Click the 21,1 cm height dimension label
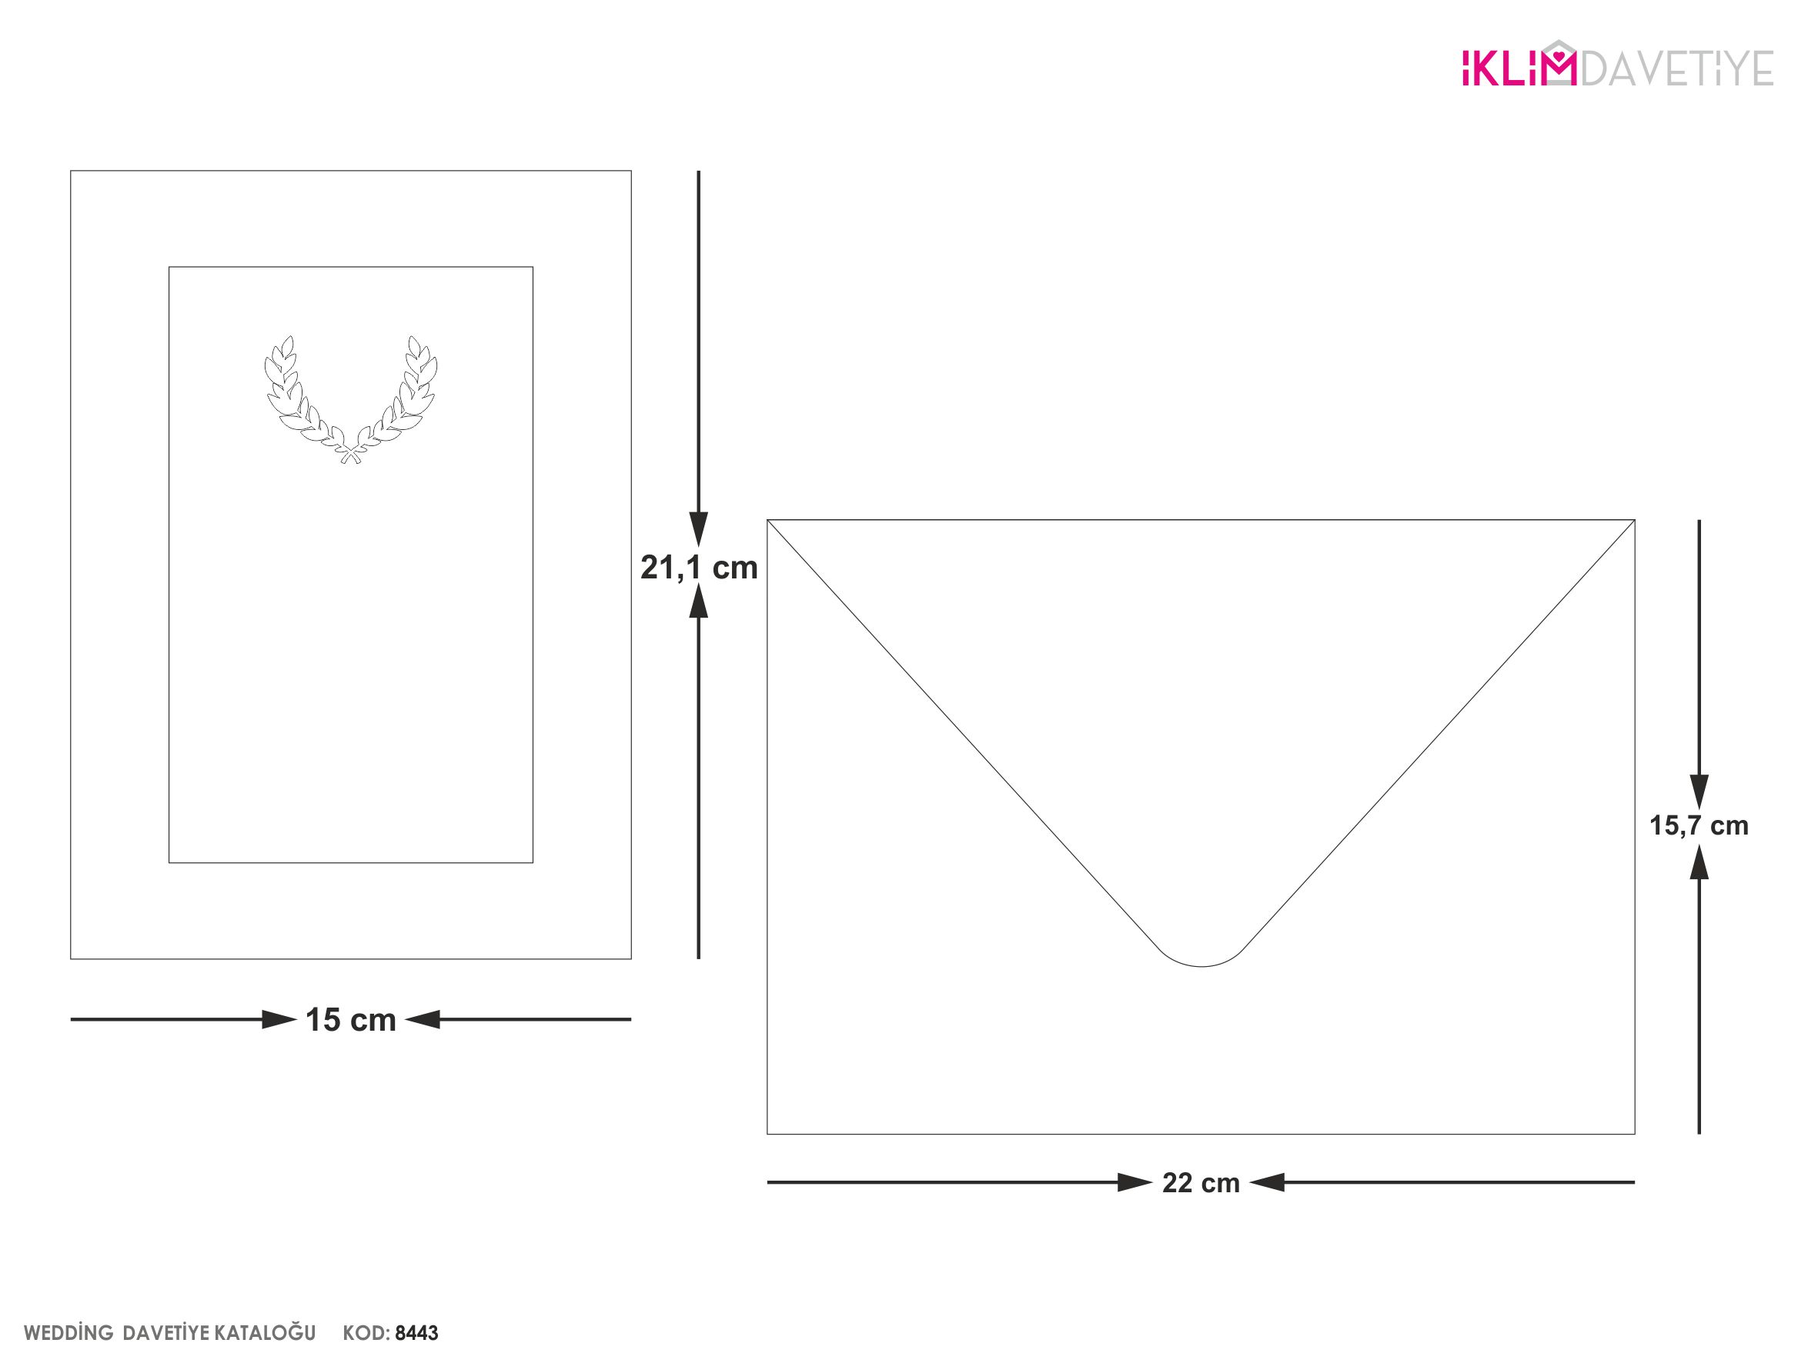[699, 568]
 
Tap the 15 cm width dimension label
[351, 1021]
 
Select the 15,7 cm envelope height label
[1699, 825]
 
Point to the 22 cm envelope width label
[1201, 1183]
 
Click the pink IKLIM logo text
[1519, 65]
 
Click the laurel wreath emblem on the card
[351, 400]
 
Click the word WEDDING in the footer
[69, 1332]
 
